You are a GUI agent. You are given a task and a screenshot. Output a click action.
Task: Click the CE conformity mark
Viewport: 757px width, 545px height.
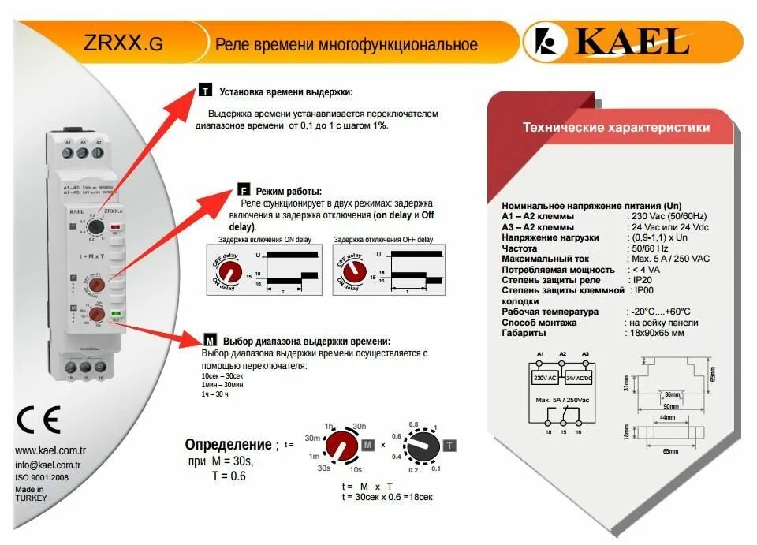click(x=39, y=421)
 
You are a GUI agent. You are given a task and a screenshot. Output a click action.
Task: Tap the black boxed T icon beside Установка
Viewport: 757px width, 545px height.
click(x=205, y=91)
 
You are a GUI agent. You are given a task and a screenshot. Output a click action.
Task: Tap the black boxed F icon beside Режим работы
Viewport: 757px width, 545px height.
click(x=244, y=191)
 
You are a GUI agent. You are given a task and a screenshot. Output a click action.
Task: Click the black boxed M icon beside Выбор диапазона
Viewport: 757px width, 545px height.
click(x=210, y=341)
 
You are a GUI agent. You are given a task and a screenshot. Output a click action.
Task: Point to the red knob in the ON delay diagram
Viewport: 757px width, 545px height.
click(x=232, y=271)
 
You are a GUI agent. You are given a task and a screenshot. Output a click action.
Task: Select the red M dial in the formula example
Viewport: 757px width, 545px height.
click(x=341, y=446)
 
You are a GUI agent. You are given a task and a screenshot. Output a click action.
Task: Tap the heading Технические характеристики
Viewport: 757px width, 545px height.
click(x=616, y=127)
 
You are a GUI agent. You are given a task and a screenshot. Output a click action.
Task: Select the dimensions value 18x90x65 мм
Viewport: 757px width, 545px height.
click(x=657, y=333)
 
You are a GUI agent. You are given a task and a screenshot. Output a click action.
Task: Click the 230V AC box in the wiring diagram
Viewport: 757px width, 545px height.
click(x=545, y=378)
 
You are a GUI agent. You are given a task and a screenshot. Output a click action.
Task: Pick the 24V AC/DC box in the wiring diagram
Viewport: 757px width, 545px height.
click(x=579, y=378)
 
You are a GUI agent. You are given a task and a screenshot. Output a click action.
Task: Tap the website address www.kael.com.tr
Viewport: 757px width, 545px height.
click(x=50, y=451)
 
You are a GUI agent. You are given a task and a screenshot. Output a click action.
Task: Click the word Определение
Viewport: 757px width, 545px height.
click(x=228, y=444)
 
